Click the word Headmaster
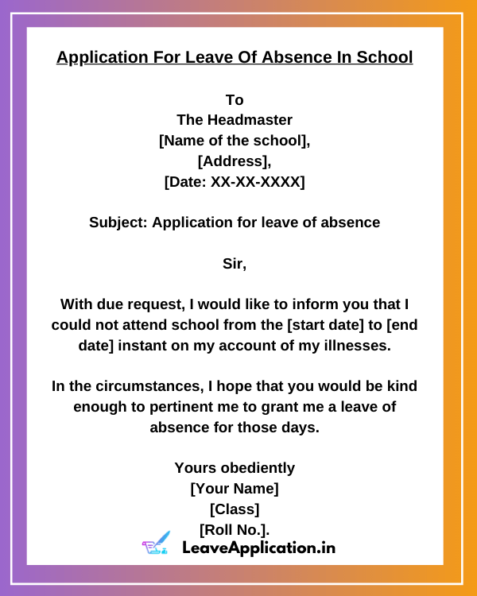coord(250,121)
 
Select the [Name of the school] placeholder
coord(235,141)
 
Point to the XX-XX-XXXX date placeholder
coord(257,183)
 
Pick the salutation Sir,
coord(235,265)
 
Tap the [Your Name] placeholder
coord(235,489)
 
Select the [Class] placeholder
coord(235,509)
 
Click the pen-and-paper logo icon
coord(156,544)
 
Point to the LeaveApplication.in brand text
coord(258,548)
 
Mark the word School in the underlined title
coord(386,58)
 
